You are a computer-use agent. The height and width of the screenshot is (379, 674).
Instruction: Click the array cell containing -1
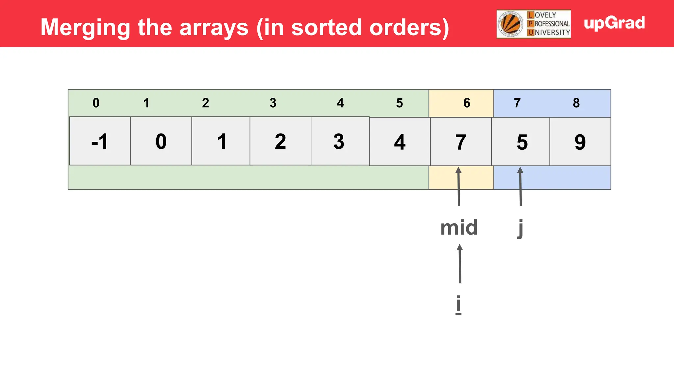coord(100,141)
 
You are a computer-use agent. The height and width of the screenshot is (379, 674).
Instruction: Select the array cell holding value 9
coord(580,142)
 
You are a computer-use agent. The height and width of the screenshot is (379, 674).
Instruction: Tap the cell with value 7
coord(461,142)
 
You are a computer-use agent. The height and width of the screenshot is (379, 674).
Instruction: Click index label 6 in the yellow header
coord(467,103)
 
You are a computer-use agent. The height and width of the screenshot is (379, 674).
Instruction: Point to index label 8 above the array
coord(576,103)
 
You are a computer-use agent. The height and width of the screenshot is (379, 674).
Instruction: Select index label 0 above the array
coord(96,103)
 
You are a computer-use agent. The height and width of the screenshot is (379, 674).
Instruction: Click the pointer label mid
coord(459,228)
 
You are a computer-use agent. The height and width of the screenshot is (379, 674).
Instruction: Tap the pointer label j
coord(520,228)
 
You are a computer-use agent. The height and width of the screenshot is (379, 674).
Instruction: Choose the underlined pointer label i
coord(458,304)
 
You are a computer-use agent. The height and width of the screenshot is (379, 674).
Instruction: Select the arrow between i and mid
coord(460,264)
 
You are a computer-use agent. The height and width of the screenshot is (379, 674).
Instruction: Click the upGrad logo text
coord(614,23)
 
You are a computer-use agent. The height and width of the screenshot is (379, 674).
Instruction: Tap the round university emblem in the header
coord(510,24)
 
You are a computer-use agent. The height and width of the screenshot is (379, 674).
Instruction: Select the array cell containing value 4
coord(400,142)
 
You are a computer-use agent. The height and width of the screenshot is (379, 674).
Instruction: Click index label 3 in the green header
coord(273,103)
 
